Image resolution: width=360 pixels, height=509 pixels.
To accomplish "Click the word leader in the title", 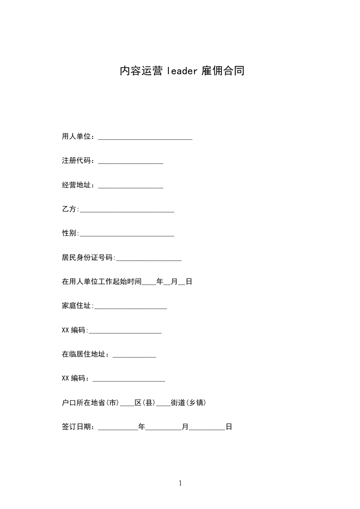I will click(182, 71).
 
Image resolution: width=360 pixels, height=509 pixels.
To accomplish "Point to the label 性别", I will click(69, 233).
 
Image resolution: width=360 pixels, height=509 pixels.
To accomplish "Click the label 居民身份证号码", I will click(88, 258).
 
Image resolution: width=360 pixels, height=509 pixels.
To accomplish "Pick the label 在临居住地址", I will click(84, 354).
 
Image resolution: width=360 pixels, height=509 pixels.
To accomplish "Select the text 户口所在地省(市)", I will click(90, 403).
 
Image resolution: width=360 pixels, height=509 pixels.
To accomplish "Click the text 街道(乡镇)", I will click(188, 403).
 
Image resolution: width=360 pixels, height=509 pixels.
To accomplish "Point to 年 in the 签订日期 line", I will click(142, 427).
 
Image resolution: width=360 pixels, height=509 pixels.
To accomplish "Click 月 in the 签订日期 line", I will click(185, 427).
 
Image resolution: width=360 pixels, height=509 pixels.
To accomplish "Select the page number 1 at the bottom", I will click(180, 483).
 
